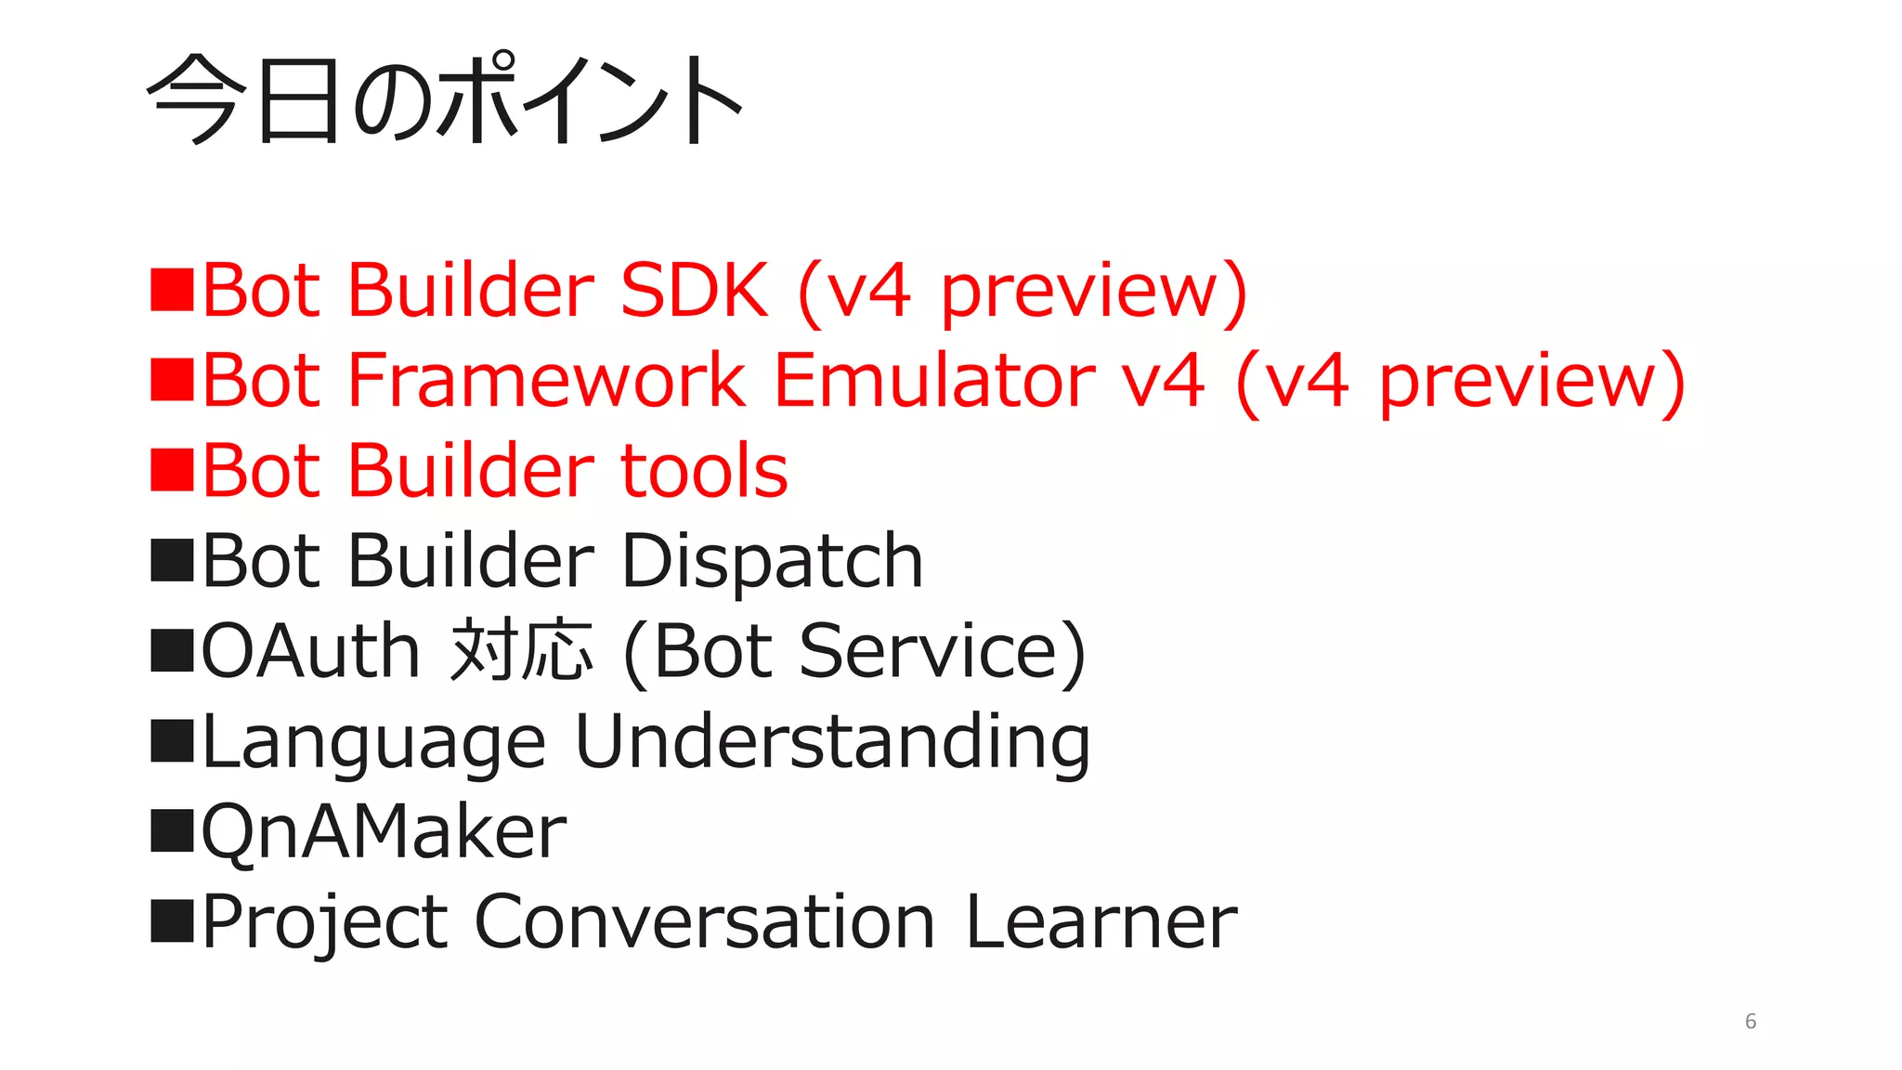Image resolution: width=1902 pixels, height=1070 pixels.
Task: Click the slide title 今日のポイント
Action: (x=444, y=99)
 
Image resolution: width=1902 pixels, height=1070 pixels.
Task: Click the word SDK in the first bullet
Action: (x=694, y=290)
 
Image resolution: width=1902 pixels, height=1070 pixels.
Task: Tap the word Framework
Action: (x=546, y=380)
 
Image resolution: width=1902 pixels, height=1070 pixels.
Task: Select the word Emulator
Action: (x=934, y=380)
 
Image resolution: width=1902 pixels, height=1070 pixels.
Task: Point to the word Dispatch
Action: (x=772, y=561)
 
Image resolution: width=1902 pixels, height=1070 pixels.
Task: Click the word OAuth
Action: (x=311, y=651)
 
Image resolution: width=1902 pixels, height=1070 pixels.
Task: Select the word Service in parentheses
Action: (x=929, y=651)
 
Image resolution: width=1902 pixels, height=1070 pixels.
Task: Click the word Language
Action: (x=373, y=742)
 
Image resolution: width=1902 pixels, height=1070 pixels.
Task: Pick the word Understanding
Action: (x=832, y=742)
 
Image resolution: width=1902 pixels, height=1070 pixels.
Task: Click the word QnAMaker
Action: (x=384, y=831)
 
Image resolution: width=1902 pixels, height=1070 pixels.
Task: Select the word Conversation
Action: (x=705, y=922)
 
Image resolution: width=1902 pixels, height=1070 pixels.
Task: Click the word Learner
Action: (x=1101, y=922)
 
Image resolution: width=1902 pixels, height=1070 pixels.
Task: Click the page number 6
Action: (x=1751, y=1022)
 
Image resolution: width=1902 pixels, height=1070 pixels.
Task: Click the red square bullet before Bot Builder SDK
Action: (x=172, y=290)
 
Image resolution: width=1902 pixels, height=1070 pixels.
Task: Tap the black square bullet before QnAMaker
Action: (x=172, y=830)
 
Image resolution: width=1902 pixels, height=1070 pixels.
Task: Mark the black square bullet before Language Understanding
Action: (x=172, y=740)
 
